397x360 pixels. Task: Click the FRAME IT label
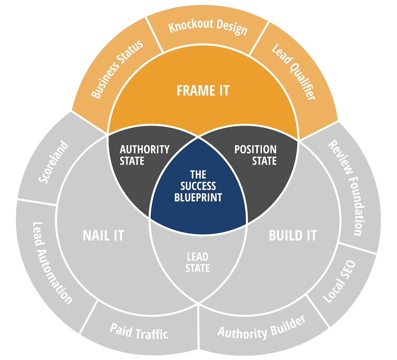point(203,90)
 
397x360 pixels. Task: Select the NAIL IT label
point(103,235)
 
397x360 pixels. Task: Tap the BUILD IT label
point(293,235)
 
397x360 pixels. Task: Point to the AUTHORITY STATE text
point(144,155)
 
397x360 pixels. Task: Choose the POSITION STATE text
point(255,155)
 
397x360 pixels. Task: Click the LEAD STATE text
point(198,262)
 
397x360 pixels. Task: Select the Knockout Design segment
point(208,28)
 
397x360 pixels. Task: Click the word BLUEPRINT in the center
point(198,197)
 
